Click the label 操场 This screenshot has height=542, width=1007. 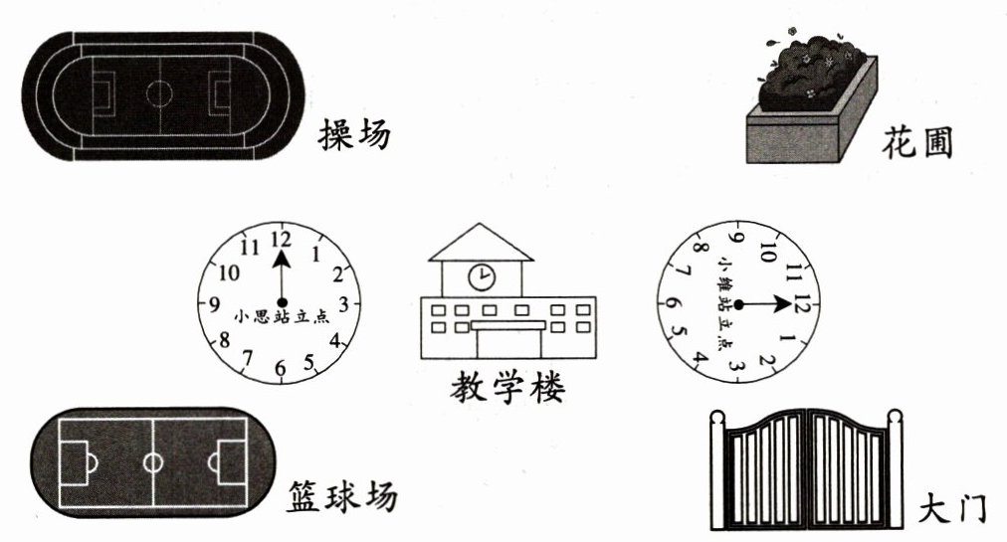(x=354, y=134)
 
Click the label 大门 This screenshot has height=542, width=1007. (x=952, y=508)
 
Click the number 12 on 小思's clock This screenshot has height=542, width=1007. (x=281, y=239)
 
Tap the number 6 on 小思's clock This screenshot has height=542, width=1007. (x=281, y=370)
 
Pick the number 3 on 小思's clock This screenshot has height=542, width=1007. (x=343, y=303)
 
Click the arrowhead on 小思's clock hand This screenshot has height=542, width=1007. (x=282, y=259)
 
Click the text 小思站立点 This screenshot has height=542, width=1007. (x=282, y=318)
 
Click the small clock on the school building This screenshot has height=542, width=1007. (x=482, y=275)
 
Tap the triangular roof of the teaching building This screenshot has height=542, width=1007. (x=481, y=242)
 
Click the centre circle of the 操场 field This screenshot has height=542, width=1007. (x=158, y=93)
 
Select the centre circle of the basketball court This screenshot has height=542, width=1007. (x=152, y=462)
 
